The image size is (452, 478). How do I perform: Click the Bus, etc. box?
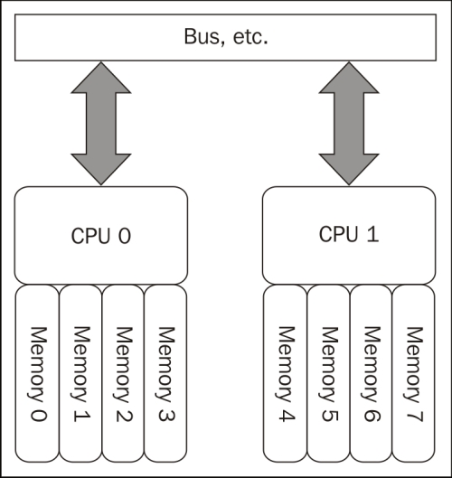click(225, 37)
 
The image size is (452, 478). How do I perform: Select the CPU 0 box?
click(101, 235)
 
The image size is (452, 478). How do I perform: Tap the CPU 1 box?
click(349, 235)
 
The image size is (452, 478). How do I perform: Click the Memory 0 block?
click(37, 373)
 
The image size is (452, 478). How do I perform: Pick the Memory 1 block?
click(80, 373)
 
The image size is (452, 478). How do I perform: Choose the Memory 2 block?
click(123, 373)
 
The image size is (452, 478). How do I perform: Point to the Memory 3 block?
click(165, 373)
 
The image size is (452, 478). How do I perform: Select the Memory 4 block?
click(285, 373)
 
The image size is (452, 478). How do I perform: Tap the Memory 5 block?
click(328, 373)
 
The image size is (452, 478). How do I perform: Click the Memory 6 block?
click(371, 373)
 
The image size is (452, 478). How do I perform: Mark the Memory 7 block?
click(413, 373)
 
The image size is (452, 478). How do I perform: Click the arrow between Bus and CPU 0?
click(101, 124)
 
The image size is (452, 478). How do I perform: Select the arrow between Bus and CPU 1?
click(349, 124)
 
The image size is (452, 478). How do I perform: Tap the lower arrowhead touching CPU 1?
click(349, 169)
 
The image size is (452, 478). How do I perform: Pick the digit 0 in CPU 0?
click(125, 236)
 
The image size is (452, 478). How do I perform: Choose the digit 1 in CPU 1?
click(372, 234)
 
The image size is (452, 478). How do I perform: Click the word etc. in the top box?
click(250, 37)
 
